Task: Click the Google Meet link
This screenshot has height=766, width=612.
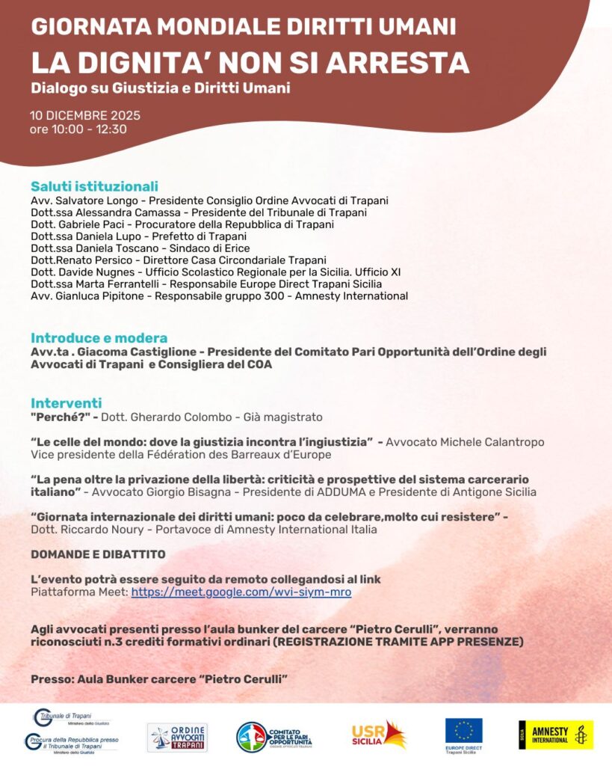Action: [241, 592]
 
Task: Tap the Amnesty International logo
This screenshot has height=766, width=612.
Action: [555, 735]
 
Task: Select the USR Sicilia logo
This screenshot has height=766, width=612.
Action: [379, 735]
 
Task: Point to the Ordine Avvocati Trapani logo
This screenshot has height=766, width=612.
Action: [177, 737]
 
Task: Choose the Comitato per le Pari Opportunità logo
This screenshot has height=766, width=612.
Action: [273, 737]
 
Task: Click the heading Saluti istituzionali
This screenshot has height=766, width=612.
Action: [94, 186]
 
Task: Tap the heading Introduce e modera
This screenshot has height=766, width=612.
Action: [99, 338]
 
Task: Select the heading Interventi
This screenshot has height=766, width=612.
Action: [67, 403]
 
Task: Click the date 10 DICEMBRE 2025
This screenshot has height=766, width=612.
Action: [85, 116]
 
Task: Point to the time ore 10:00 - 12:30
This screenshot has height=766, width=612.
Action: [78, 129]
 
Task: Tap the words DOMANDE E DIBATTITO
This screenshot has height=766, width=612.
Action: [98, 554]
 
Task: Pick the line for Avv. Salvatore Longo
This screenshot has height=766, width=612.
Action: [209, 200]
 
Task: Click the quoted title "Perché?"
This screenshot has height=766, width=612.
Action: [61, 417]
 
